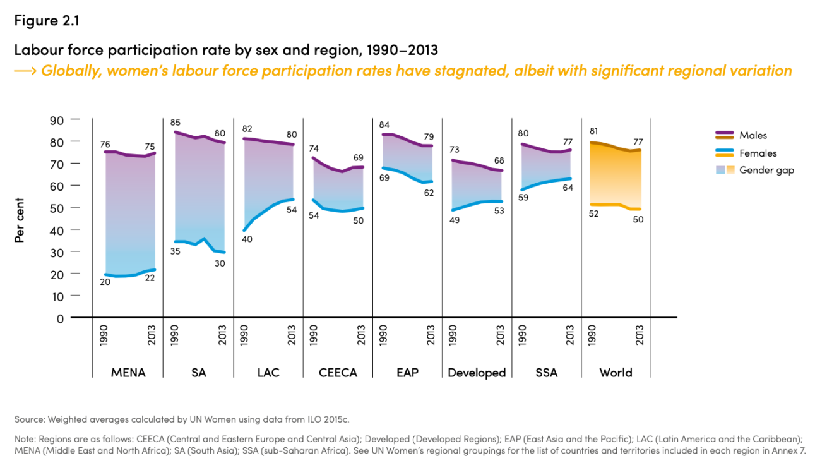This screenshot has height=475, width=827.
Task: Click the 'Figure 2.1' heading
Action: point(46,20)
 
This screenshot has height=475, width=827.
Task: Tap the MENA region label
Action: point(128,373)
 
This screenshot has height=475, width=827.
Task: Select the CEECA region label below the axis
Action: point(338,373)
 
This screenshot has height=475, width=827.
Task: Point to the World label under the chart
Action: point(616,373)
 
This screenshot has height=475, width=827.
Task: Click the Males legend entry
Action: point(753,135)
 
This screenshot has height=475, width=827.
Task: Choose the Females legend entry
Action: point(758,153)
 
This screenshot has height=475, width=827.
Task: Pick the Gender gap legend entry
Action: point(766,170)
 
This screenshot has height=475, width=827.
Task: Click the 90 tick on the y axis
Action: point(57,119)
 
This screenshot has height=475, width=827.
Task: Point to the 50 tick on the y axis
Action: point(57,208)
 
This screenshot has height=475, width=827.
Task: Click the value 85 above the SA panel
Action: point(175,123)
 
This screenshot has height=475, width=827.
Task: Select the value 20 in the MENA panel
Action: point(105,282)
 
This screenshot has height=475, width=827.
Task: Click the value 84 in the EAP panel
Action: point(384,125)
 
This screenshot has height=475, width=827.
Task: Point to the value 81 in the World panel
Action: point(593,131)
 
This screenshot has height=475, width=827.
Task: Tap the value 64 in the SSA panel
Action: point(567,188)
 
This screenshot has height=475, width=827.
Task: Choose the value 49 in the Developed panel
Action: point(453,220)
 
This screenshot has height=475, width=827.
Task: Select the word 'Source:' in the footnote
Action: point(30,419)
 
